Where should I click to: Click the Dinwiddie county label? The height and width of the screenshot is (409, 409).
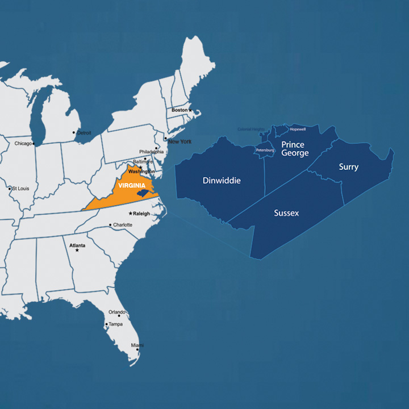click(x=222, y=181)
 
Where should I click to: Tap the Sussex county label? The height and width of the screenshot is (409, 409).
click(x=286, y=213)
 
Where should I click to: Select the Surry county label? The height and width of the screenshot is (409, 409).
click(x=348, y=167)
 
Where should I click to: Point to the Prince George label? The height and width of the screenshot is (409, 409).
click(x=295, y=149)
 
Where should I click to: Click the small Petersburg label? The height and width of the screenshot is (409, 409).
click(x=265, y=150)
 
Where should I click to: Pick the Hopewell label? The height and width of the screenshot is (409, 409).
click(x=298, y=129)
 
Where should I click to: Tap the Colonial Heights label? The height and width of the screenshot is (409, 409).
click(x=251, y=129)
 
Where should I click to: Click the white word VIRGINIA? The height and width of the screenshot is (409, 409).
click(x=132, y=185)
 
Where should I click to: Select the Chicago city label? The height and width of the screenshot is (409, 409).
click(x=23, y=144)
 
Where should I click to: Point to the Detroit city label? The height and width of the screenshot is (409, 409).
click(x=84, y=132)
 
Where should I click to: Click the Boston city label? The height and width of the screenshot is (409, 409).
click(x=180, y=110)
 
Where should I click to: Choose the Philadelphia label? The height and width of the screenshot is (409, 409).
click(x=152, y=152)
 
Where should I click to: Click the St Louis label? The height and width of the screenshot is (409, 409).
click(x=21, y=188)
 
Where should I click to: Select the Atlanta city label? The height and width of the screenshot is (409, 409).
click(x=77, y=245)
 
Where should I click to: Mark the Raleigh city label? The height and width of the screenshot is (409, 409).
click(x=142, y=214)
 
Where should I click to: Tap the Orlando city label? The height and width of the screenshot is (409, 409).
click(x=117, y=312)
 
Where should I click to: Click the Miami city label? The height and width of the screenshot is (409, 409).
click(x=137, y=345)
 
